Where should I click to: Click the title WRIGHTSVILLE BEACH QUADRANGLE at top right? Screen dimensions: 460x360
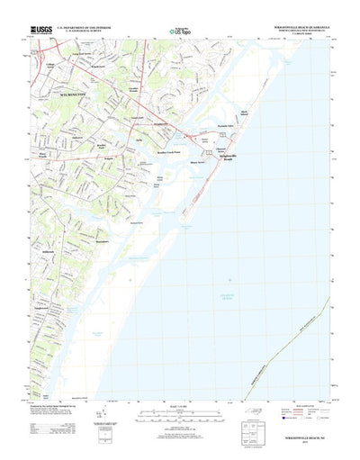tap(297, 26)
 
